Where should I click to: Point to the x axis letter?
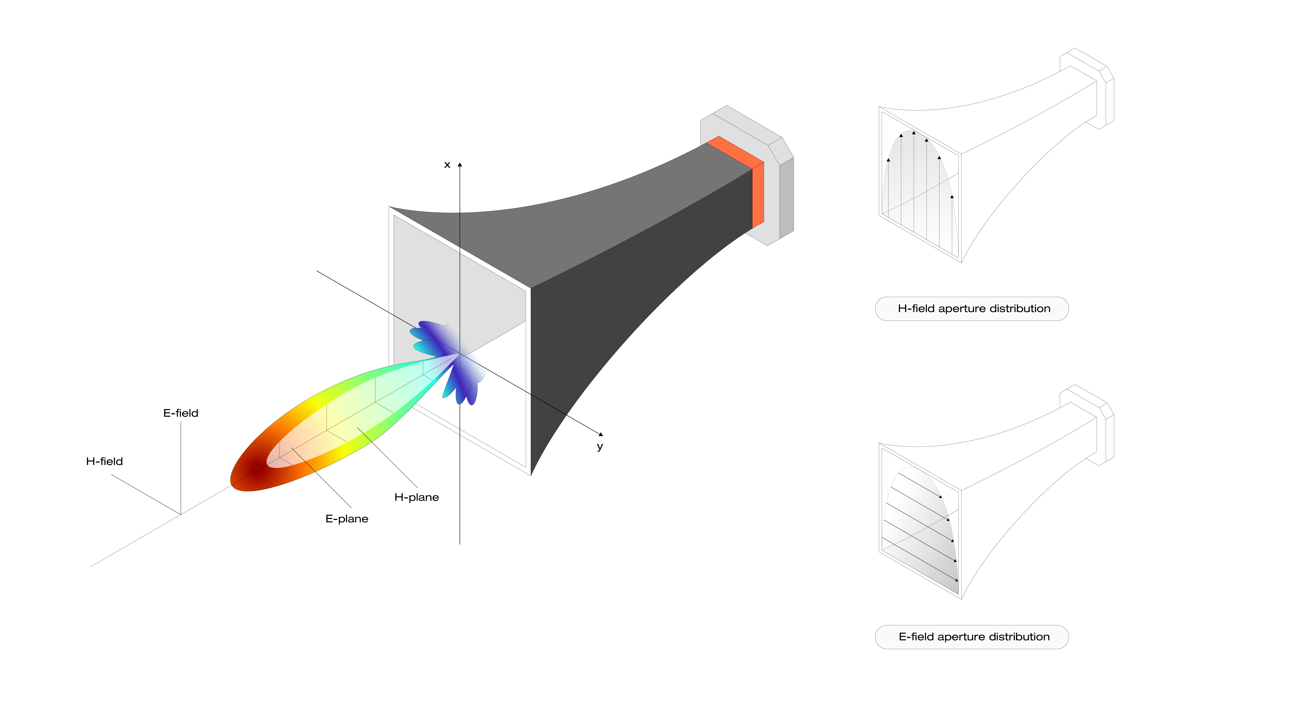(x=447, y=165)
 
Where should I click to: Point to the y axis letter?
(x=600, y=446)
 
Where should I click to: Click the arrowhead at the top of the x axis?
(x=459, y=164)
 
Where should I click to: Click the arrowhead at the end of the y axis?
(x=601, y=434)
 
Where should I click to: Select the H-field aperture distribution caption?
(x=974, y=308)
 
